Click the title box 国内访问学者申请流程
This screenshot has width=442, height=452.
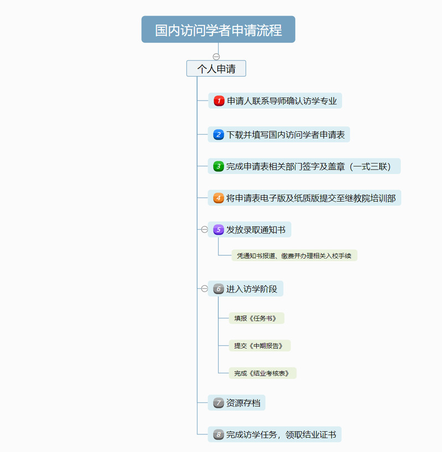click(218, 29)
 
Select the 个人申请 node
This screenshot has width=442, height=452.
click(216, 69)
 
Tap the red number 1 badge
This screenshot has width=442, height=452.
click(219, 101)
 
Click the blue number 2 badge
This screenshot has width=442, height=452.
click(219, 135)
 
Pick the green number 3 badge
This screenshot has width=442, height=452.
click(219, 166)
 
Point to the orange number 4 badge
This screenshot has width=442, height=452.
click(219, 198)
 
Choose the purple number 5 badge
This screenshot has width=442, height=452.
click(219, 230)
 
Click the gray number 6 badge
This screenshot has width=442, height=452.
click(219, 289)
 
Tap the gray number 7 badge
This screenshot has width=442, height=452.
click(219, 403)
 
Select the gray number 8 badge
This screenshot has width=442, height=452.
click(219, 434)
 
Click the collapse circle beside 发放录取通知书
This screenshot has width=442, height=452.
click(204, 229)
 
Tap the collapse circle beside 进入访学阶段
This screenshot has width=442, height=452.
click(204, 288)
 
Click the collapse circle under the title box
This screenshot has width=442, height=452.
click(216, 56)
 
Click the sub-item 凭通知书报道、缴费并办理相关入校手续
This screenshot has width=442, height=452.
click(294, 255)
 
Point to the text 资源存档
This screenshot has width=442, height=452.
click(243, 403)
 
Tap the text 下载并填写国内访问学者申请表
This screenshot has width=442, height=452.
click(285, 135)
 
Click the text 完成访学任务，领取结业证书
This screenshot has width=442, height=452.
click(282, 434)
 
